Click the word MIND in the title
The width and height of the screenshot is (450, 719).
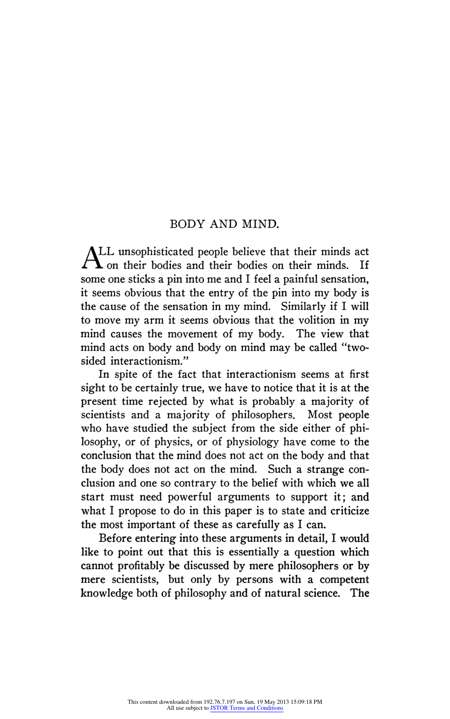260,224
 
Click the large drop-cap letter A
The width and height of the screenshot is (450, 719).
91,258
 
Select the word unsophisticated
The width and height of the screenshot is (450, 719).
156,252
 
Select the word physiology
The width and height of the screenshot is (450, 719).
252,442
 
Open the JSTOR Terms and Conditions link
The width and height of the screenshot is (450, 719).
246,708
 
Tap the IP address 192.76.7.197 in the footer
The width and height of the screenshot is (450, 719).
219,702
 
